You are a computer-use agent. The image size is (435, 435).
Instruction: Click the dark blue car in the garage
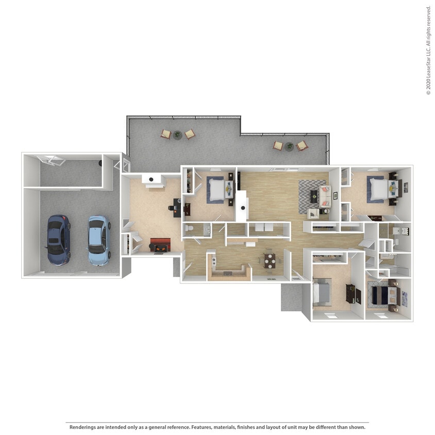(58, 239)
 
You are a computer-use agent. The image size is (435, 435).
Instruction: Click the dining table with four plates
(270, 261)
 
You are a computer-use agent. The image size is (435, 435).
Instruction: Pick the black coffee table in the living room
(314, 195)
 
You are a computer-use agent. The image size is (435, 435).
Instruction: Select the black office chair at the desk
(172, 208)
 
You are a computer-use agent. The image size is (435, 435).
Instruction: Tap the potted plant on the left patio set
(178, 135)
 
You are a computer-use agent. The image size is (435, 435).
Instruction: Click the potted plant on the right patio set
(290, 146)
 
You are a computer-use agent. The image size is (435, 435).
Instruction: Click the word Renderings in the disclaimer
(83, 427)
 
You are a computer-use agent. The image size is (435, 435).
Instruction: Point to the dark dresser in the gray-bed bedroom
(350, 294)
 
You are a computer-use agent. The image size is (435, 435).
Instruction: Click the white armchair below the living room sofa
(313, 213)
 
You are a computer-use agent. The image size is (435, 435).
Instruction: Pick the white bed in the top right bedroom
(377, 189)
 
